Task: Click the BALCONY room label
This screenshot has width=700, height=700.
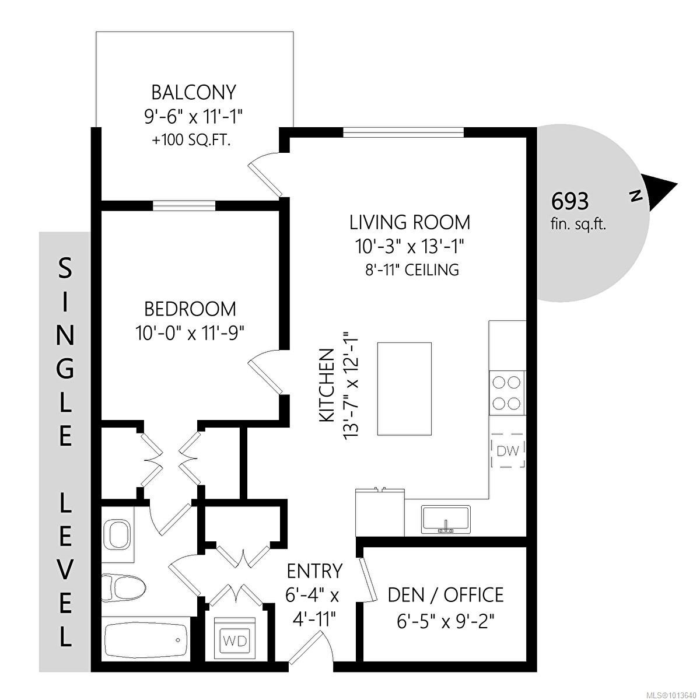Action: (193, 93)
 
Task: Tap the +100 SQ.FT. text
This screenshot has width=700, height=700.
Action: (193, 141)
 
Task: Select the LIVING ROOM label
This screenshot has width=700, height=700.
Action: (409, 222)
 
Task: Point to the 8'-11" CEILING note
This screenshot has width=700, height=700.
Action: (409, 270)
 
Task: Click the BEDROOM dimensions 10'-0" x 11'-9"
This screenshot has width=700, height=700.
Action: (190, 333)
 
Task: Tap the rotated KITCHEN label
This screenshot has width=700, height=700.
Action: (327, 386)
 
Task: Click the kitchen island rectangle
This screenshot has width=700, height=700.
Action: (405, 388)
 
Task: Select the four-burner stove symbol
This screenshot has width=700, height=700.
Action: (506, 393)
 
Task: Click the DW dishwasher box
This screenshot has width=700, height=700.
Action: (508, 450)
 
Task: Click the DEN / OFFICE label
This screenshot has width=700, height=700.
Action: (446, 595)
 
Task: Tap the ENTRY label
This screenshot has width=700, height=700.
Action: (314, 570)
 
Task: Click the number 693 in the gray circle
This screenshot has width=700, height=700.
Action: (570, 202)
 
